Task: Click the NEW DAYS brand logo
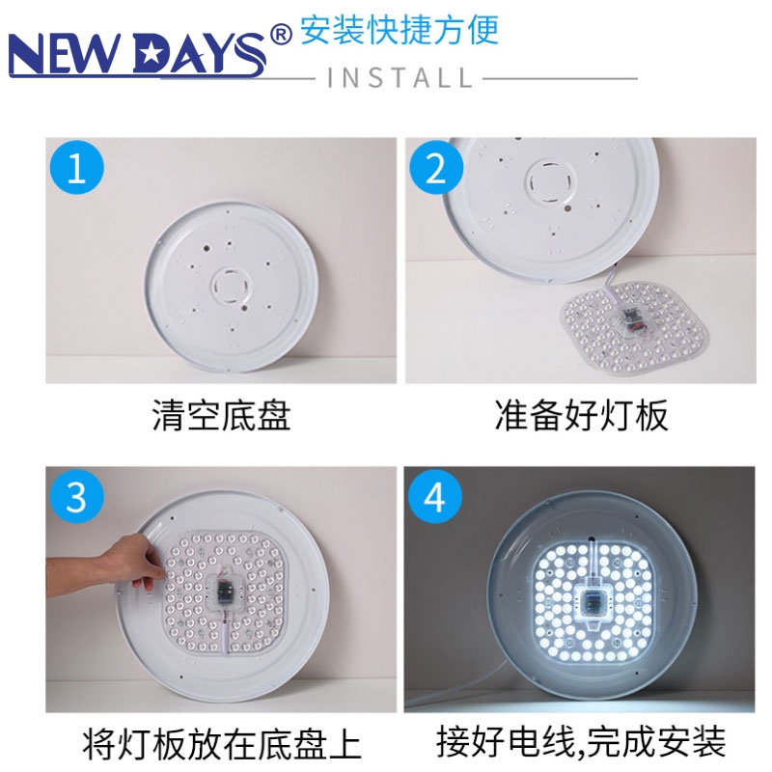[138, 54]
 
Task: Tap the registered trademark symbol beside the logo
[281, 35]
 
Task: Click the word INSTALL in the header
[400, 78]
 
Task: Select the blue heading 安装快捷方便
[400, 30]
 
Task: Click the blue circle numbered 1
[77, 167]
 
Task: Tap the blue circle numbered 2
[436, 167]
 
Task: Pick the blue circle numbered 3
[77, 496]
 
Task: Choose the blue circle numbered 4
[435, 496]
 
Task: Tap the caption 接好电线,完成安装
[581, 742]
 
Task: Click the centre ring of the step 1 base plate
[231, 286]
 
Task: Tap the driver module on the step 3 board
[225, 591]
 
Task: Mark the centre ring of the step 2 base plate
[549, 182]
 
